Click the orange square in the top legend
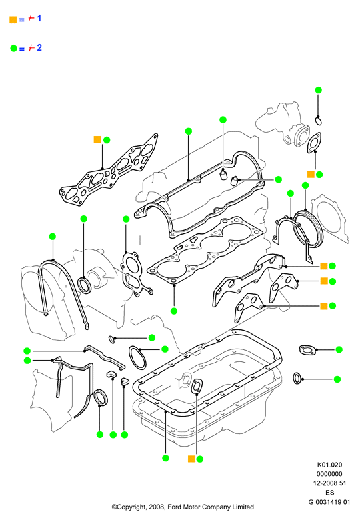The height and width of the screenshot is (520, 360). coord(13,19)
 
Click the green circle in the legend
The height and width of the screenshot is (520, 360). coord(13,49)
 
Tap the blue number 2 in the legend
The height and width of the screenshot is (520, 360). coord(39,48)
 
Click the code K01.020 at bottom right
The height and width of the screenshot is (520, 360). coord(329,465)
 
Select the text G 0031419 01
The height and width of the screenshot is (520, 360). coord(329,502)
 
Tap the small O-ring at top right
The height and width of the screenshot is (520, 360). coord(319,121)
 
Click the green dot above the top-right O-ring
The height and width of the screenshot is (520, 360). coord(318,90)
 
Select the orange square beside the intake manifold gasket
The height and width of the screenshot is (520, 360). coord(97,139)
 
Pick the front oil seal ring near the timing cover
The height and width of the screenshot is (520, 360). coord(85,285)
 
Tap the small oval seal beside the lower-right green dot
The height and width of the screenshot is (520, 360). coord(297,379)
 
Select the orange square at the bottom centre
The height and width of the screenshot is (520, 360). coord(191,459)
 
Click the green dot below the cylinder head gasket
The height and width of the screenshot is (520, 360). coord(174,311)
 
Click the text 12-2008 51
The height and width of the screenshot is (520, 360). coord(329,483)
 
